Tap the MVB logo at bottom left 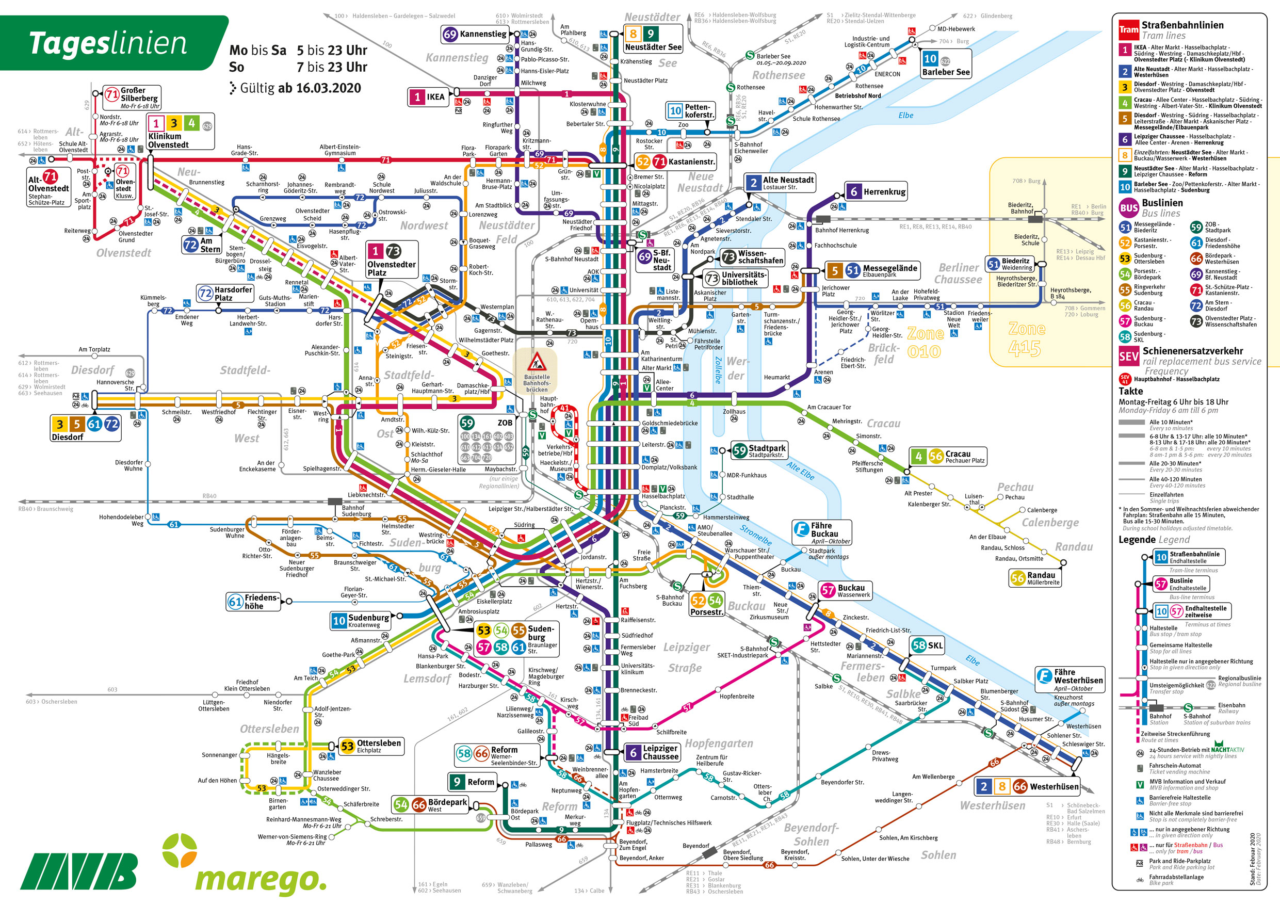tap(78, 871)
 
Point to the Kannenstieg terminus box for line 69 tap(476, 35)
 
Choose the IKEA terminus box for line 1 tap(428, 97)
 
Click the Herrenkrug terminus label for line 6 tap(876, 192)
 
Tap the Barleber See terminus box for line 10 tap(946, 64)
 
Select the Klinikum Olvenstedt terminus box tap(180, 132)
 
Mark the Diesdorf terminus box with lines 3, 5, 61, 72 tap(86, 428)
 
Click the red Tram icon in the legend tap(1128, 30)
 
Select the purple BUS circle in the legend tap(1128, 208)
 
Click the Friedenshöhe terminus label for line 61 tap(254, 602)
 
